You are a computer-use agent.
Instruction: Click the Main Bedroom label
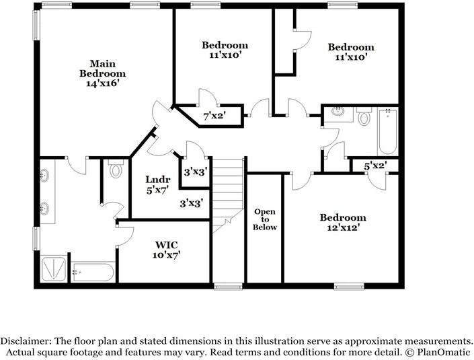click(x=102, y=69)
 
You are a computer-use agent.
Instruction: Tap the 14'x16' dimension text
click(x=102, y=83)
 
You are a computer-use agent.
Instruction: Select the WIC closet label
click(x=166, y=245)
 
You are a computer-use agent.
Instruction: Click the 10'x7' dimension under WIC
click(x=166, y=255)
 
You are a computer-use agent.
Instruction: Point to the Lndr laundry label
click(x=158, y=180)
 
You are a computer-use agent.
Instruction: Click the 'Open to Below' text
click(x=265, y=219)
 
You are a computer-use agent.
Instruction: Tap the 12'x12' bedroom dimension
click(x=343, y=227)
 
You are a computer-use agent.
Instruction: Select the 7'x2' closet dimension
click(x=214, y=115)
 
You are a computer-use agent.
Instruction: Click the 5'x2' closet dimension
click(x=375, y=166)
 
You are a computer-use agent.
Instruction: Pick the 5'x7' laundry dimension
click(x=157, y=190)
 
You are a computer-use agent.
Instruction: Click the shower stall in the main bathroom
click(x=54, y=268)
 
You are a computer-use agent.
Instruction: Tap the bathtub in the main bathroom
click(x=93, y=273)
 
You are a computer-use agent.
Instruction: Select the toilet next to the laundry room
click(x=115, y=170)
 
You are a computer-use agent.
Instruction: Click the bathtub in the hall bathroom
click(x=387, y=131)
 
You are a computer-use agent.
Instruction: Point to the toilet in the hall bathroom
click(x=364, y=117)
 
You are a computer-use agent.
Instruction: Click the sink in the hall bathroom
click(x=338, y=111)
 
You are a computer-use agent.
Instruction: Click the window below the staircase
click(x=228, y=286)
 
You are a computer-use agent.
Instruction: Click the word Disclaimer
click(x=26, y=341)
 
